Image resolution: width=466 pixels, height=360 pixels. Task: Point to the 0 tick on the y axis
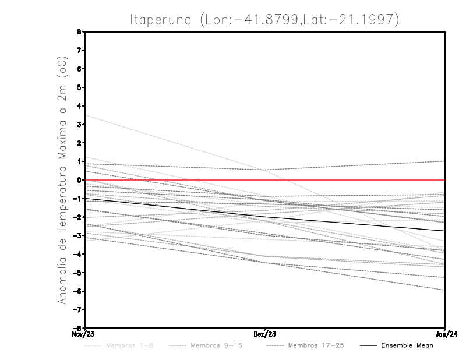[x=79, y=180]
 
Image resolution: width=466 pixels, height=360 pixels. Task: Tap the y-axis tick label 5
[x=79, y=87]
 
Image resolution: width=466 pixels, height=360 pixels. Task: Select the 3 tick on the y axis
[x=79, y=125]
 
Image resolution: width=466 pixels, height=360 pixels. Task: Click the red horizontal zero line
[x=349, y=180]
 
